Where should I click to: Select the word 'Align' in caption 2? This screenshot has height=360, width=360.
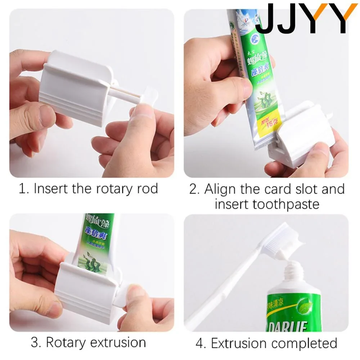click(x=221, y=189)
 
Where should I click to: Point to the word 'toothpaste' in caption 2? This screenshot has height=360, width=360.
click(x=286, y=204)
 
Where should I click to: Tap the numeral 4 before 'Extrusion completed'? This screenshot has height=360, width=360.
click(x=200, y=343)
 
